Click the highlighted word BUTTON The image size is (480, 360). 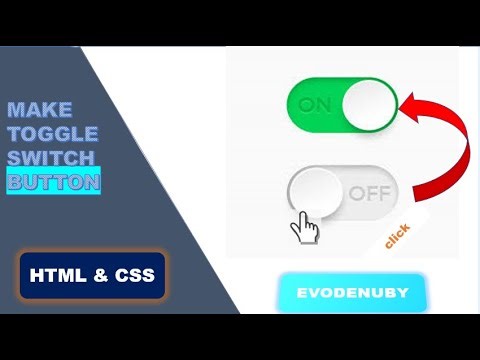click(x=53, y=182)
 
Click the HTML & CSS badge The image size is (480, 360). click(x=91, y=274)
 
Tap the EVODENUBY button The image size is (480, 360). click(x=351, y=294)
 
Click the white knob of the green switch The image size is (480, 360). click(x=368, y=104)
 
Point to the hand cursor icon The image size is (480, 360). click(x=304, y=228)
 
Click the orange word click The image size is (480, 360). click(x=397, y=235)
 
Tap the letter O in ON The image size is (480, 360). click(x=308, y=105)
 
